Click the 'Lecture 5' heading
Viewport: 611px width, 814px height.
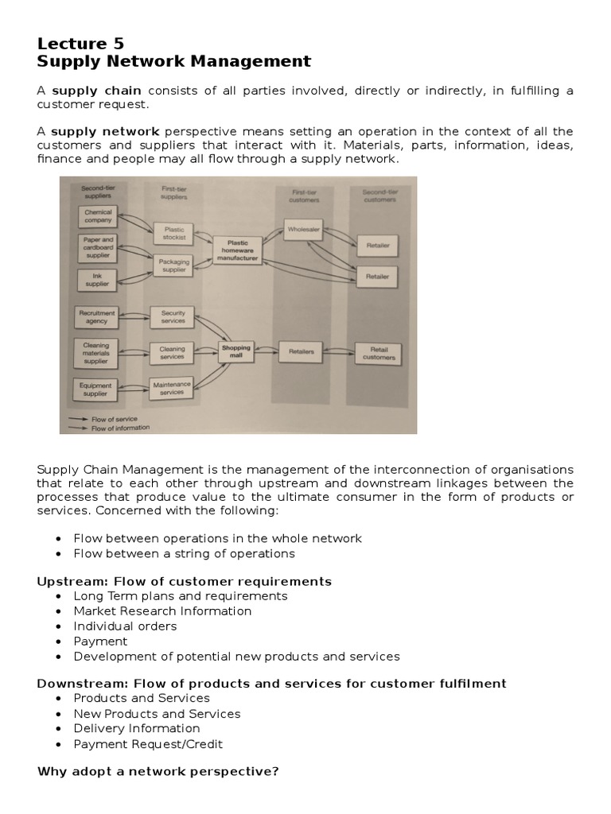point(80,43)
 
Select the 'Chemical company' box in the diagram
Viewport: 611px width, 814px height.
point(98,216)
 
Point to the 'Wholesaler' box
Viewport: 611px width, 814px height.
point(302,229)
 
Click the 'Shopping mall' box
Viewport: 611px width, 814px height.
point(235,351)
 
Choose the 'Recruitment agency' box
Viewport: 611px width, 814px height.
point(97,317)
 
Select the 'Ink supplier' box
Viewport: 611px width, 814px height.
point(97,279)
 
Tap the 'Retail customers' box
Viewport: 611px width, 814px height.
point(379,353)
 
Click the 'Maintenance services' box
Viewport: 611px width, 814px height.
point(172,388)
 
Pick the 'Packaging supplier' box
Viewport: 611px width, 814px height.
point(173,265)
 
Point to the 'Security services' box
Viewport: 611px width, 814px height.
point(173,317)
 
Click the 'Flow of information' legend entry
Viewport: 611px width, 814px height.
point(120,427)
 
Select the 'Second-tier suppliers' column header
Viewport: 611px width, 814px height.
point(96,193)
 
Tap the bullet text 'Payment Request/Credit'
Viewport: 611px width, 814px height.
point(148,744)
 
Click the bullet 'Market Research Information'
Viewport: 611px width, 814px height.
point(162,610)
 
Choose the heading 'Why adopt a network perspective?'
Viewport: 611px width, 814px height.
point(158,771)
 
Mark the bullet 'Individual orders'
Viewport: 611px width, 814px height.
point(125,626)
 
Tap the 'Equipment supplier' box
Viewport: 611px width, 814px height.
point(96,389)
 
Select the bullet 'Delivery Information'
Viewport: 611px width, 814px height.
point(137,728)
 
